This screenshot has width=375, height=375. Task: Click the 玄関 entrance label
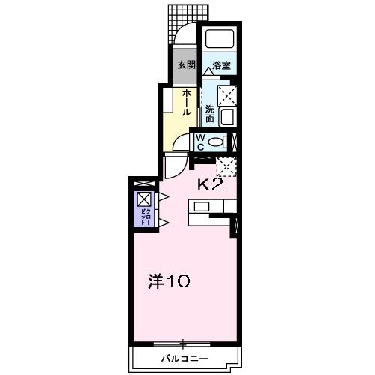point(185,65)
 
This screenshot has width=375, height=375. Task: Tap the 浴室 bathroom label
point(220,65)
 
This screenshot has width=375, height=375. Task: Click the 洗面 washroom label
point(211,113)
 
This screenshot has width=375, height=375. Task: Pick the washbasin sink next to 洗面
point(228,118)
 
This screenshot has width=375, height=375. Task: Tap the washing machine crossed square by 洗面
point(228,95)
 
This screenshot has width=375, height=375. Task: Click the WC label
point(202,141)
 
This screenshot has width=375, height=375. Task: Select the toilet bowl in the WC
point(217,142)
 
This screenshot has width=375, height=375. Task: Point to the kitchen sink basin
point(202,206)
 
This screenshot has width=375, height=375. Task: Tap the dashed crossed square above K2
point(226,166)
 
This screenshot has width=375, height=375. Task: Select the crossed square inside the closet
point(144,199)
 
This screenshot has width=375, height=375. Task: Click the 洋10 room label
point(167,282)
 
